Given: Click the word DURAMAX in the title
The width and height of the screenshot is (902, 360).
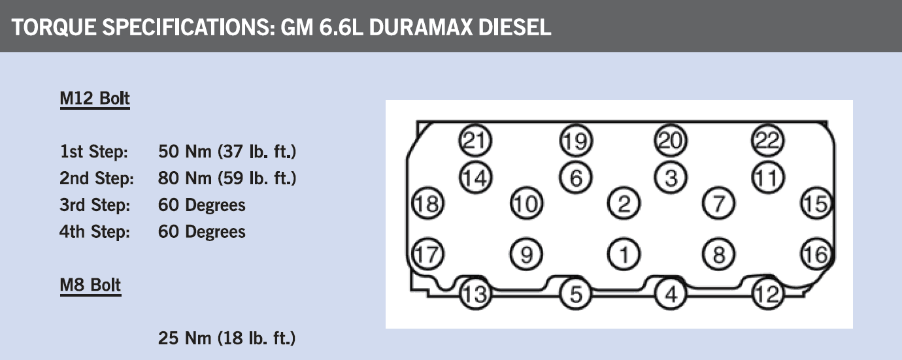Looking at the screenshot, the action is click(x=420, y=27).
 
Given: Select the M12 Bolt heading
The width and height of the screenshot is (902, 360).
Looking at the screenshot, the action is click(x=95, y=99).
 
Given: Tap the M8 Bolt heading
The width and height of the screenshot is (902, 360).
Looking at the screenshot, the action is click(x=90, y=286).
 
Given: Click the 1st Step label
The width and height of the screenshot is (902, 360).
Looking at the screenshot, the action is click(x=94, y=152).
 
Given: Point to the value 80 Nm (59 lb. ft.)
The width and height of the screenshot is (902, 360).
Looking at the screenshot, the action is click(x=227, y=178).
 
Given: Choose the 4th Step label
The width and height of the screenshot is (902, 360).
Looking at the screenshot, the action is click(x=95, y=232).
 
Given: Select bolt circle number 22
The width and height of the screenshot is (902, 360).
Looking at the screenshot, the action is click(x=768, y=140).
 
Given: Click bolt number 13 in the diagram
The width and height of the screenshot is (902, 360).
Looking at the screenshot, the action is click(x=476, y=294).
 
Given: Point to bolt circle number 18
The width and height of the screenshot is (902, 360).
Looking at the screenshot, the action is click(x=428, y=203).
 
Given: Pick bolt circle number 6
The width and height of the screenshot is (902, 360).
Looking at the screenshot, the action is click(x=576, y=178).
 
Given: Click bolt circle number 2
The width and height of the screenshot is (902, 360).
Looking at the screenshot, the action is click(x=624, y=203).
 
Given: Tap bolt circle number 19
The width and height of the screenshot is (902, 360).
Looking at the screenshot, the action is click(x=576, y=140).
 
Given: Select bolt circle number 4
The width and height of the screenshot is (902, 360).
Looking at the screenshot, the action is click(x=671, y=294).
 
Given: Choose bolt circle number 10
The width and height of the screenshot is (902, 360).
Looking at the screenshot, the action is click(x=527, y=203).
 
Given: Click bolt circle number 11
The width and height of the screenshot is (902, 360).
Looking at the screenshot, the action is click(x=768, y=178).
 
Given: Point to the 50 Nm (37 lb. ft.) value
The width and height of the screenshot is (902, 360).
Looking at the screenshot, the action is click(x=227, y=152).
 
